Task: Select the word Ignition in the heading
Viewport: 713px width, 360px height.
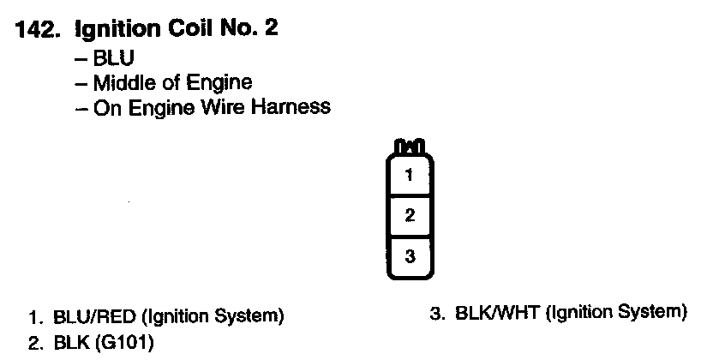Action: click(x=114, y=30)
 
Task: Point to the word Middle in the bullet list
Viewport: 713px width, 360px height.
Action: click(x=121, y=83)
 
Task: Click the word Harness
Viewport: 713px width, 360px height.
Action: click(x=292, y=107)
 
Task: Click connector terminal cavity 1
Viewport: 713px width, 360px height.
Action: click(x=410, y=176)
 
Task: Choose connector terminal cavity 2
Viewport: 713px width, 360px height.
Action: click(x=410, y=215)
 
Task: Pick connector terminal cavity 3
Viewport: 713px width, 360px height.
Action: click(x=410, y=255)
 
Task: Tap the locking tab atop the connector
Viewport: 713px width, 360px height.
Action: click(x=410, y=147)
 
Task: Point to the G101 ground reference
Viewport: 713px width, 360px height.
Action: click(x=129, y=343)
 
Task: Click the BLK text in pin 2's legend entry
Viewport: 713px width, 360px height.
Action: click(x=69, y=343)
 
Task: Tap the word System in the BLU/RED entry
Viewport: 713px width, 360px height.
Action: click(x=253, y=315)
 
